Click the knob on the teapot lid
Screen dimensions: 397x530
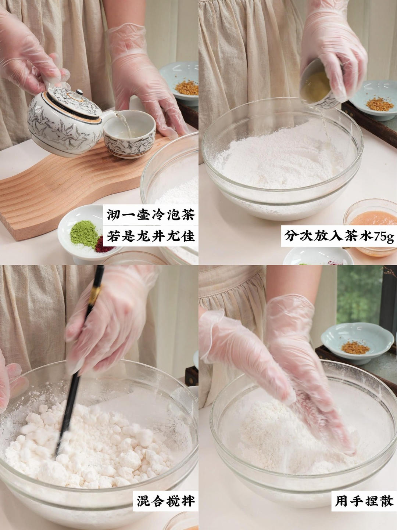(x=79, y=92)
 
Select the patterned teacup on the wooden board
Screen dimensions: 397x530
(x=129, y=134)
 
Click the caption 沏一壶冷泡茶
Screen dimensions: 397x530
(x=151, y=214)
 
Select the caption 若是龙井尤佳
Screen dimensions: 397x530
(x=151, y=236)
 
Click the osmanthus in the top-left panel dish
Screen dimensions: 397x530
(x=187, y=88)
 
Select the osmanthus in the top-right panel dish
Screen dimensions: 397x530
(x=380, y=104)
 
